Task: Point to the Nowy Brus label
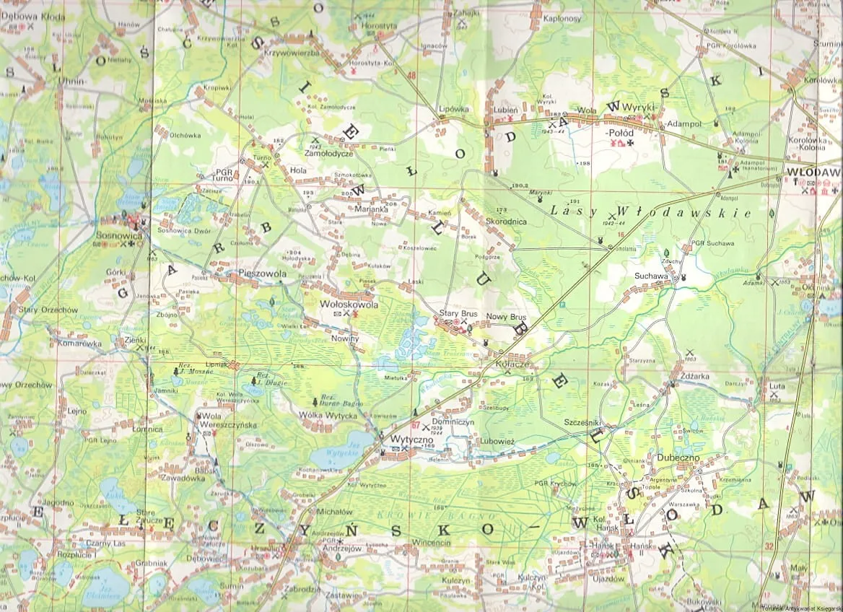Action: [x=506, y=317]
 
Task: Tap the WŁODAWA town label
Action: [x=816, y=172]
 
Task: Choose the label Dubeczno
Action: [x=674, y=457]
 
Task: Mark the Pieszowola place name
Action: [x=262, y=275]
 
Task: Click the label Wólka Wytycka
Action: [x=328, y=416]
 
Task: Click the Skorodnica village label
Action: [x=506, y=222]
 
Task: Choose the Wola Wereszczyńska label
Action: [x=229, y=421]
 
